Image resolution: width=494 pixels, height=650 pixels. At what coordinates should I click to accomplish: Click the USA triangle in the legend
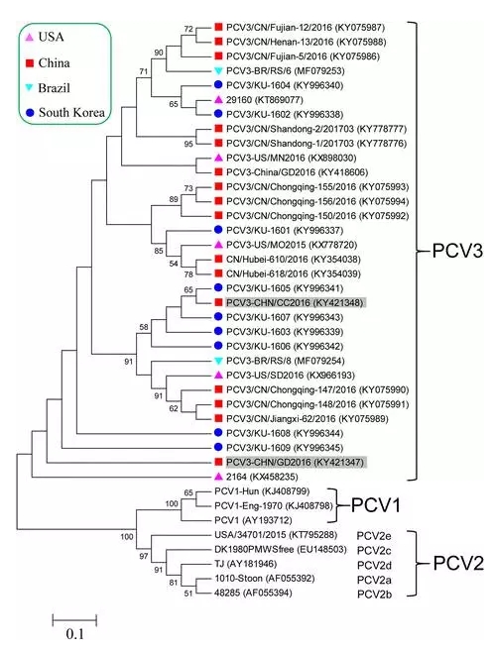click(x=29, y=38)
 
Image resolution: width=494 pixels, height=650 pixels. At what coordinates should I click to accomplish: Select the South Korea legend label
click(x=71, y=112)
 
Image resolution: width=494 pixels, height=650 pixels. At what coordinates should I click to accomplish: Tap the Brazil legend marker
click(x=29, y=88)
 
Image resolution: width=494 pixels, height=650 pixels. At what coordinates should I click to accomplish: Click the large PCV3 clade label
click(x=457, y=251)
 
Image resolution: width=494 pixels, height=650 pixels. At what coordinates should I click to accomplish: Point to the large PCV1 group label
click(x=376, y=505)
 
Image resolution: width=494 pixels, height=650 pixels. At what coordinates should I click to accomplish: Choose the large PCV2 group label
click(x=458, y=564)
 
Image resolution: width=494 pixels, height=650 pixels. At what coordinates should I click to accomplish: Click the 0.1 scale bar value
click(x=74, y=634)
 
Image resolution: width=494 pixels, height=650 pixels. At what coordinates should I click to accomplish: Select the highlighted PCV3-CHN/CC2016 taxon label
click(x=295, y=302)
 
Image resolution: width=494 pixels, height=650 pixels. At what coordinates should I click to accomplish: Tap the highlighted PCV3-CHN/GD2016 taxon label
click(x=296, y=462)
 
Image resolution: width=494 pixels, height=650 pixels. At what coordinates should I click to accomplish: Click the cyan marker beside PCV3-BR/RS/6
click(x=219, y=71)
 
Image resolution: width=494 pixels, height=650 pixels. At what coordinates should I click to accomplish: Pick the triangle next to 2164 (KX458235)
click(x=219, y=477)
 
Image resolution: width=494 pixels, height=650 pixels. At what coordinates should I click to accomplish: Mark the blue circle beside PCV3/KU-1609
click(x=219, y=447)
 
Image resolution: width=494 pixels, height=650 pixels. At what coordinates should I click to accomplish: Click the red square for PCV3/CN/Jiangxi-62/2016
click(x=219, y=418)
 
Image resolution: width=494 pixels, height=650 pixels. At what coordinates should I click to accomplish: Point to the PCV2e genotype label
click(x=374, y=536)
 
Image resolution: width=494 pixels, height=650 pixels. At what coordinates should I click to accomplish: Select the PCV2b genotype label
click(x=374, y=595)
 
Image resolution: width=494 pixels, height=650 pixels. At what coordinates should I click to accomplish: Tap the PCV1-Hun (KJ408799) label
click(x=262, y=491)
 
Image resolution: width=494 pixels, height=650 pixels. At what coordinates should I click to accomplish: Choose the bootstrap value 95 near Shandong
click(x=188, y=144)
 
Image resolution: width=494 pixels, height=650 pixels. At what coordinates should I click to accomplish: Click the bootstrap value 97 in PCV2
click(x=144, y=556)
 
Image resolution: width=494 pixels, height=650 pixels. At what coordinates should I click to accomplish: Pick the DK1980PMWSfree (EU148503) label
click(x=280, y=549)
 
